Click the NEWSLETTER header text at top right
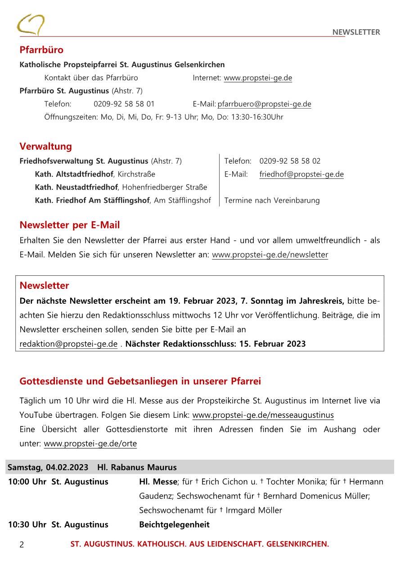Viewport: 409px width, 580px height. pyautogui.click(x=356, y=32)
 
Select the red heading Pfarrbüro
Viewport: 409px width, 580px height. pyautogui.click(x=41, y=50)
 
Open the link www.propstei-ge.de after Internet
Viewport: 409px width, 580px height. pyautogui.click(x=258, y=78)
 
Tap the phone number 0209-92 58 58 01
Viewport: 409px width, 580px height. pyautogui.click(x=124, y=104)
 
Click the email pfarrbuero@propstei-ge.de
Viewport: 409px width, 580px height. pyautogui.click(x=264, y=104)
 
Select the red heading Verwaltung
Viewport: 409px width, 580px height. pyautogui.click(x=45, y=146)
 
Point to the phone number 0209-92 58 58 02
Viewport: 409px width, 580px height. pyautogui.click(x=290, y=161)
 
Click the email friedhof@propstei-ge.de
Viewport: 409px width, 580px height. pyautogui.click(x=301, y=174)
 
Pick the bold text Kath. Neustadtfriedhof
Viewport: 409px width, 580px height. pyautogui.click(x=76, y=187)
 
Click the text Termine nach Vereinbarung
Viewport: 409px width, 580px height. pyautogui.click(x=272, y=201)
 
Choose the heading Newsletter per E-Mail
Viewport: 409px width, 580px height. pyautogui.click(x=70, y=225)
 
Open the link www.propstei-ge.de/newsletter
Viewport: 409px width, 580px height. pyautogui.click(x=270, y=255)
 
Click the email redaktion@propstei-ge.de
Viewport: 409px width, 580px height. pyautogui.click(x=68, y=344)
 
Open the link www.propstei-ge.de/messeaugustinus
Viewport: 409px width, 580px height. pyautogui.click(x=263, y=415)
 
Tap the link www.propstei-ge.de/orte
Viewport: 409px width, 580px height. pyautogui.click(x=90, y=443)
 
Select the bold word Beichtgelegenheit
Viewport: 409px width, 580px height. pyautogui.click(x=174, y=525)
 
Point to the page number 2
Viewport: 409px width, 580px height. pyautogui.click(x=22, y=544)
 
